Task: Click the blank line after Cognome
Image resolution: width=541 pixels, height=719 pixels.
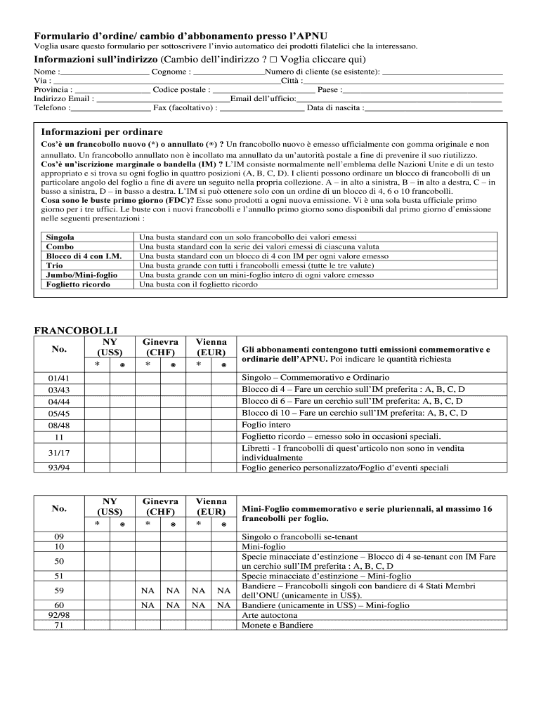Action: click(228, 73)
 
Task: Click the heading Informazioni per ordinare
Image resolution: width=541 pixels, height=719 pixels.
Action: click(102, 132)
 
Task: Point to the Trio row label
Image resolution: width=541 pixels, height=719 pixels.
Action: click(54, 266)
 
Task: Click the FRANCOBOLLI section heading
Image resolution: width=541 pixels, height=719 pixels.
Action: click(76, 330)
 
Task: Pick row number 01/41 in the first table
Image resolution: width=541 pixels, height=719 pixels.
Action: click(59, 378)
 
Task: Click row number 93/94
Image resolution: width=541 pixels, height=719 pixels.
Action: click(59, 468)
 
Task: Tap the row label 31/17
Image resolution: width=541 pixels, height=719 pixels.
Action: click(59, 451)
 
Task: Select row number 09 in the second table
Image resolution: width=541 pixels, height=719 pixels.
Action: click(59, 536)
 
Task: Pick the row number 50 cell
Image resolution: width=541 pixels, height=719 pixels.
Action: click(59, 561)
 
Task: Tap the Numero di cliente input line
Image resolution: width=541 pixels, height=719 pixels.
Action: click(443, 73)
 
